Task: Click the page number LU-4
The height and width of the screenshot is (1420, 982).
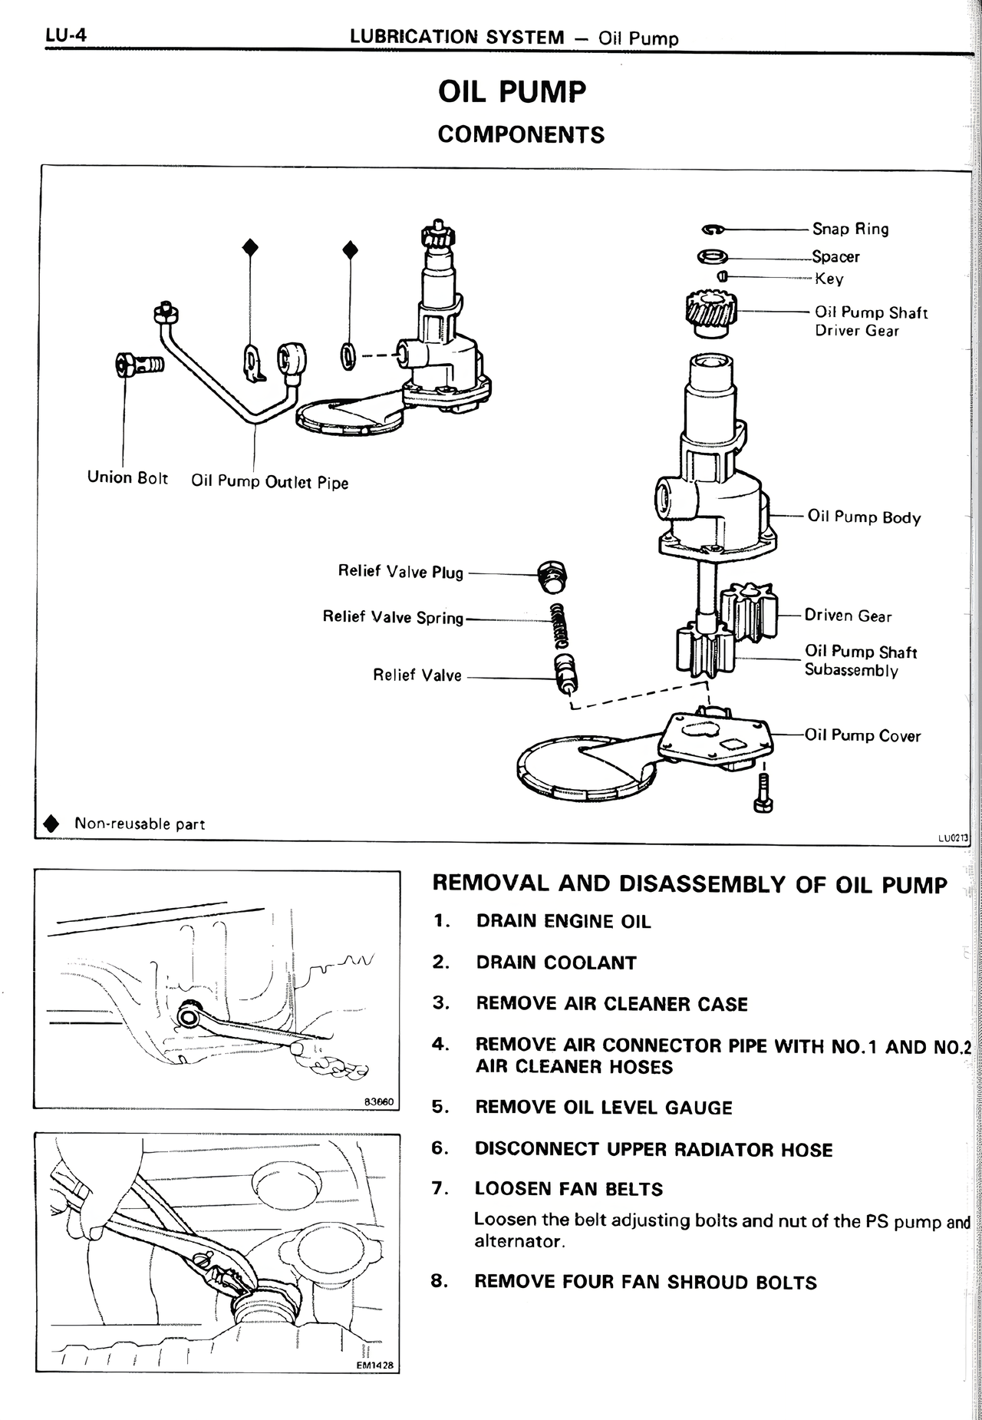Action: pyautogui.click(x=64, y=35)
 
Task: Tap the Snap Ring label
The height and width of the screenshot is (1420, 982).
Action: pyautogui.click(x=850, y=229)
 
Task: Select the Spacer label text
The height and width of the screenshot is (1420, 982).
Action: pyautogui.click(x=835, y=256)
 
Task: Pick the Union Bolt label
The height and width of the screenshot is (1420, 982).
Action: pyautogui.click(x=127, y=477)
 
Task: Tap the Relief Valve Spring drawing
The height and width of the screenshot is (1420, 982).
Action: pyautogui.click(x=560, y=622)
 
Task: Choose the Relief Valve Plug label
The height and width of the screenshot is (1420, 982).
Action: pyautogui.click(x=400, y=572)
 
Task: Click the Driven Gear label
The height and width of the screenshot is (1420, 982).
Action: pyautogui.click(x=848, y=616)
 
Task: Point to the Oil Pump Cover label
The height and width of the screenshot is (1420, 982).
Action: pyautogui.click(x=862, y=735)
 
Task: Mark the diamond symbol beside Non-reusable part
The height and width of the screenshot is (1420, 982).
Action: pyautogui.click(x=51, y=824)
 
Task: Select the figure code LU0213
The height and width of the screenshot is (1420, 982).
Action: pyautogui.click(x=953, y=837)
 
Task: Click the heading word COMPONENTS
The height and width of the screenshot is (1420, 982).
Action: pyautogui.click(x=521, y=134)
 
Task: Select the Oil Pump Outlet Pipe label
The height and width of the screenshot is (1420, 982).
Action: pyautogui.click(x=269, y=482)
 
